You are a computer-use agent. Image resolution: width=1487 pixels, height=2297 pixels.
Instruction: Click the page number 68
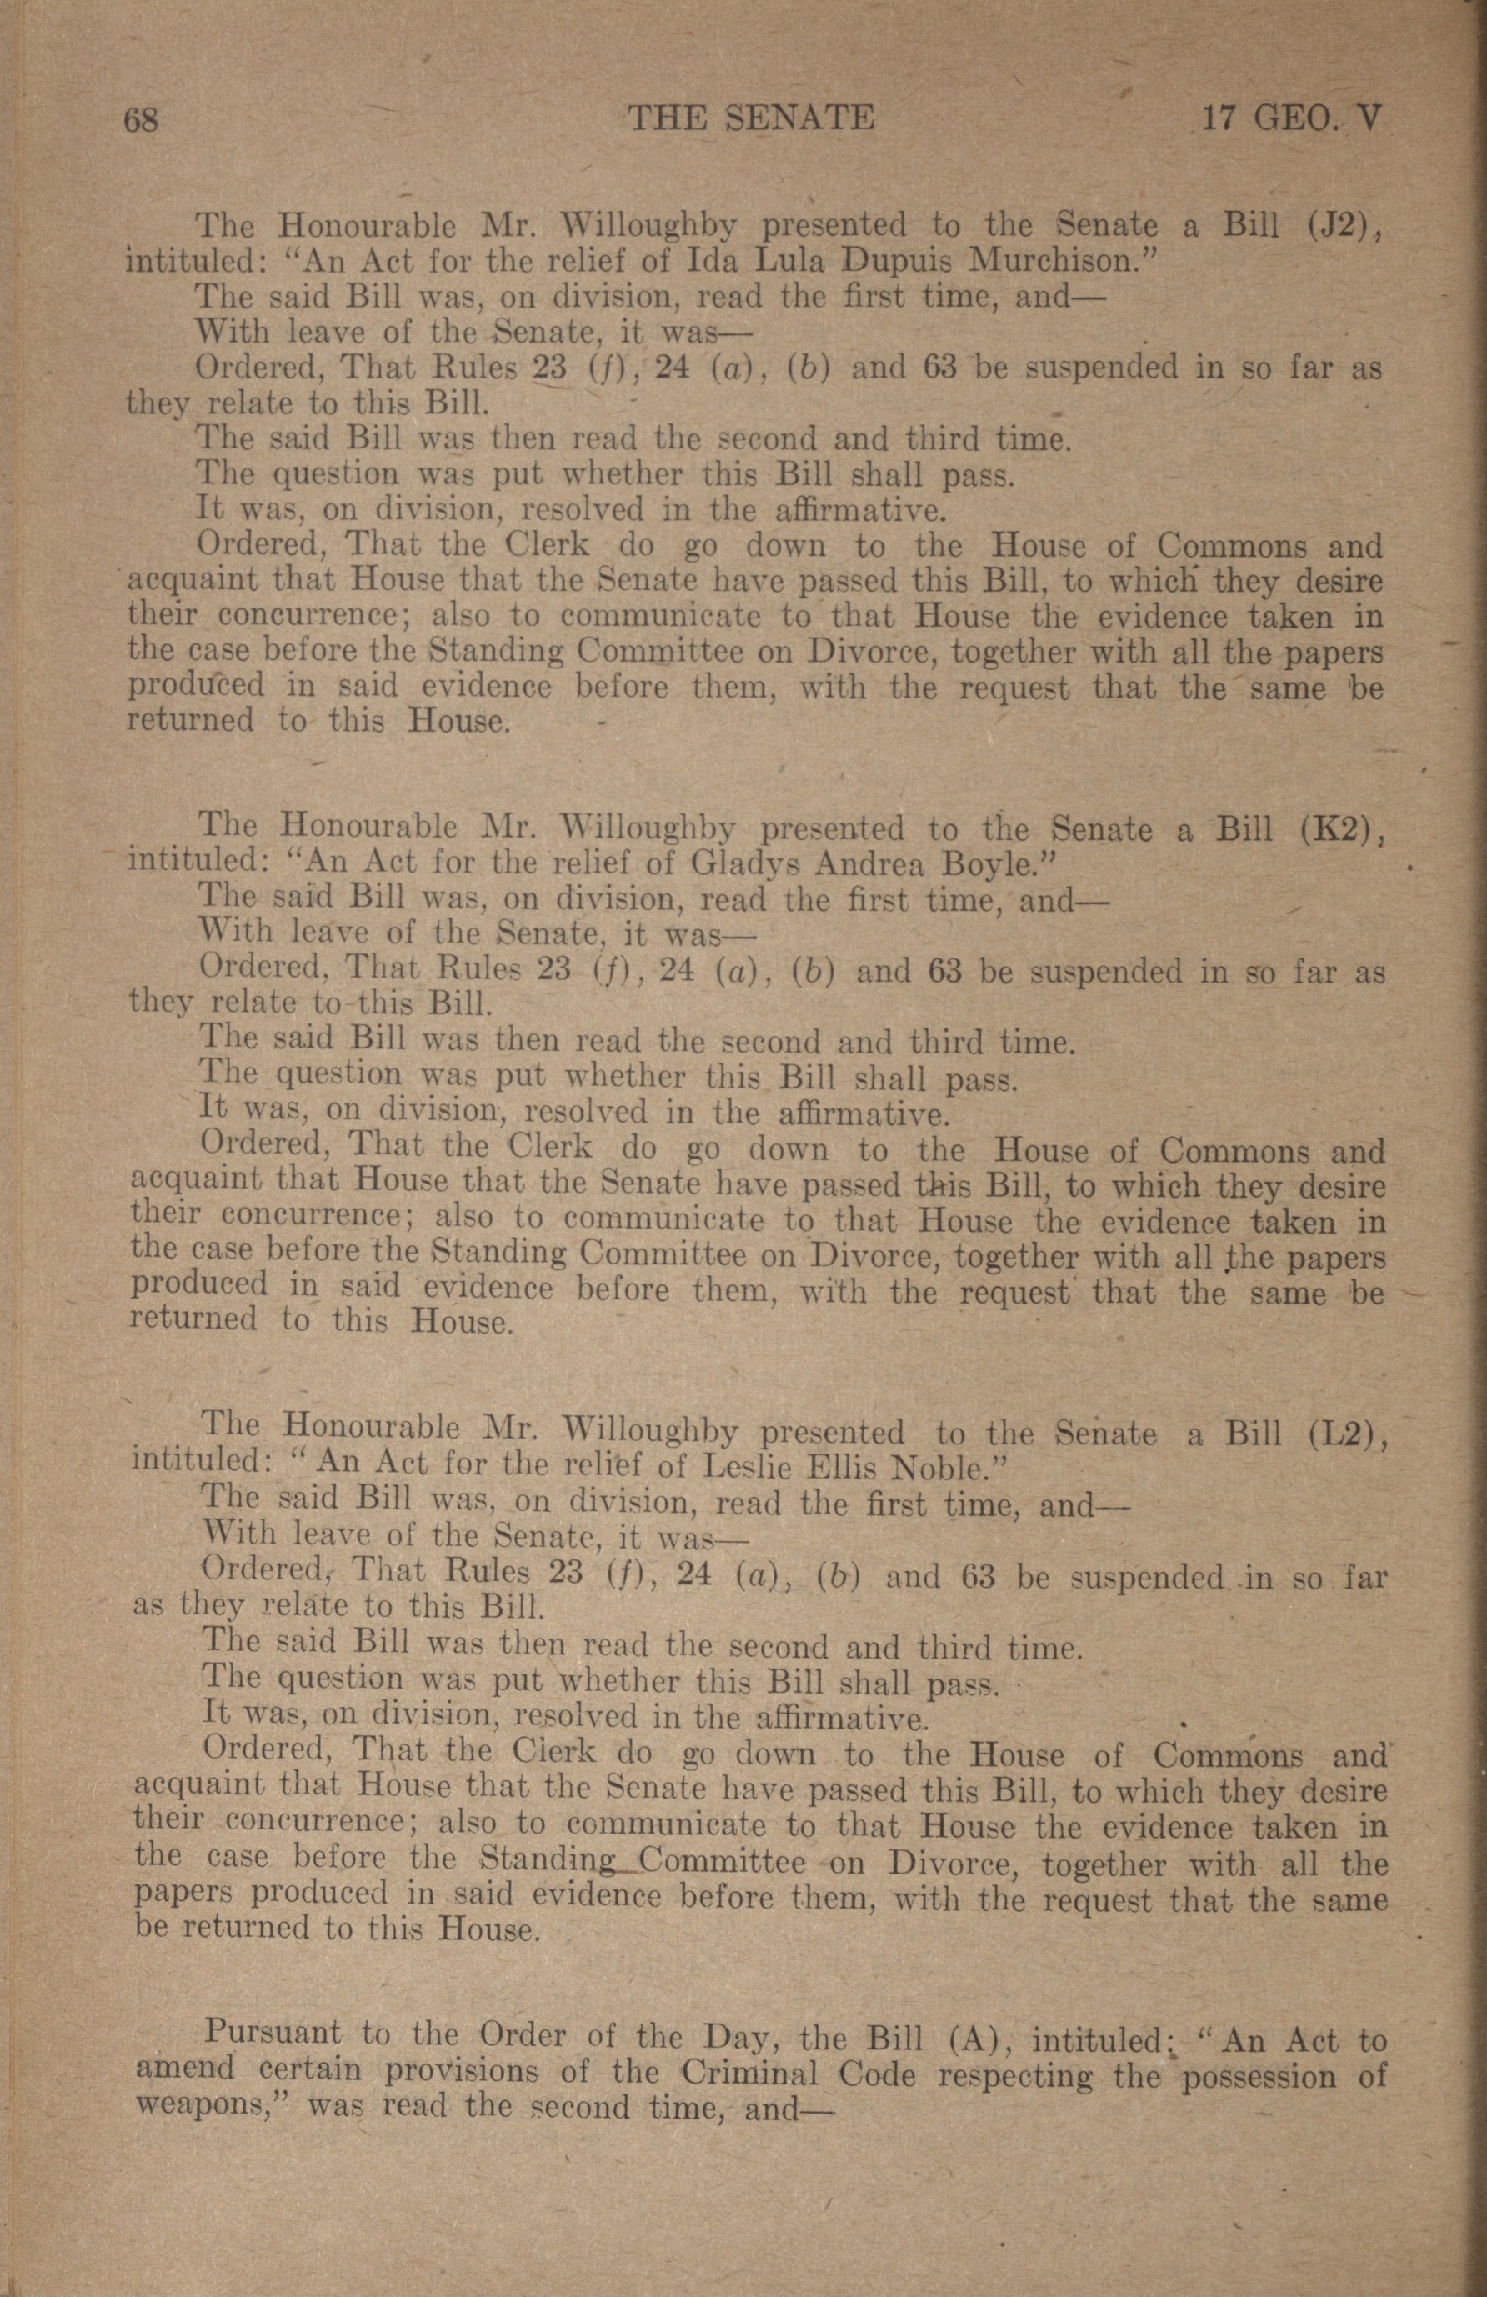pyautogui.click(x=141, y=121)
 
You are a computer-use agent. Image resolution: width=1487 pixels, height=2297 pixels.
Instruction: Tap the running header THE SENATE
pyautogui.click(x=751, y=118)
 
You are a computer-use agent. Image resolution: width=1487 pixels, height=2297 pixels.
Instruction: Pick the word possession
pyautogui.click(x=1259, y=2075)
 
